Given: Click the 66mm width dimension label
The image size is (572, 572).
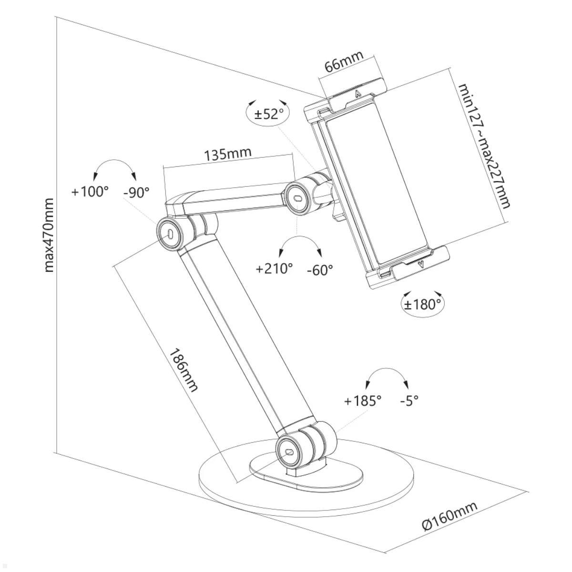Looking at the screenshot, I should pyautogui.click(x=344, y=61).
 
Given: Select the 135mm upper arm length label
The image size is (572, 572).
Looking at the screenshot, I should pyautogui.click(x=227, y=154).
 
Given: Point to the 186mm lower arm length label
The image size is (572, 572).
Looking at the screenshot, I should pyautogui.click(x=184, y=369).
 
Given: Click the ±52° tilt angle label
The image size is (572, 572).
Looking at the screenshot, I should pyautogui.click(x=269, y=113).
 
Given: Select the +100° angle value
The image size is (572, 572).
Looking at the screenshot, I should pyautogui.click(x=90, y=192).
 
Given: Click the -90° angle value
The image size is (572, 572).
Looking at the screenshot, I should pyautogui.click(x=136, y=192).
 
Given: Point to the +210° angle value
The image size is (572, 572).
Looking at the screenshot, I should pyautogui.click(x=274, y=269).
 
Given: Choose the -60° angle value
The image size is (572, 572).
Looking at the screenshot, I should pyautogui.click(x=320, y=270).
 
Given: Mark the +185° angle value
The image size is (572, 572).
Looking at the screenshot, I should pyautogui.click(x=363, y=401).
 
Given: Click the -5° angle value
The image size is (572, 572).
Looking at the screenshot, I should pyautogui.click(x=409, y=401).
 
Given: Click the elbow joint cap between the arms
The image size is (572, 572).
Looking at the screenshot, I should pyautogui.click(x=170, y=233).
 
